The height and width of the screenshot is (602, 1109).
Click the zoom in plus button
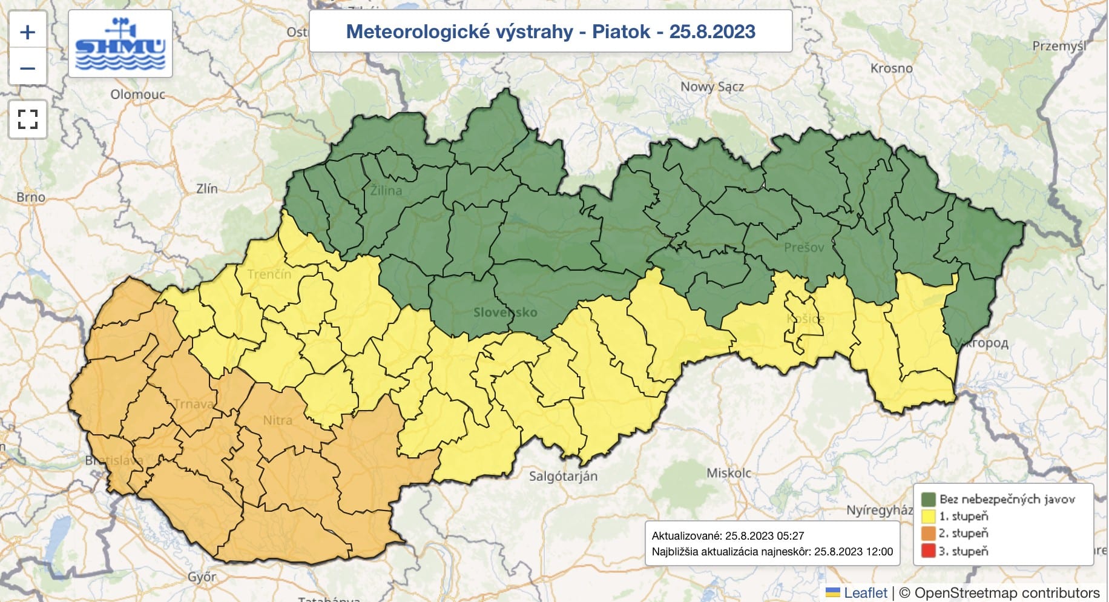click(28, 32)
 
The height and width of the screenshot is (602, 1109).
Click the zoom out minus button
click(28, 68)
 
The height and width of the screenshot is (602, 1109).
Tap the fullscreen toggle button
click(28, 119)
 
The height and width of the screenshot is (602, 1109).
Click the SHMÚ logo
click(120, 44)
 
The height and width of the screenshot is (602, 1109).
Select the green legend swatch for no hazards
click(928, 500)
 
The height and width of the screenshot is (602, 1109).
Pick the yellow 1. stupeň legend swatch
click(928, 517)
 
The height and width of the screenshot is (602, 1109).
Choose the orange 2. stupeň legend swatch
click(928, 534)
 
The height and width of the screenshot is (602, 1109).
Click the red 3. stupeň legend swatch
click(928, 551)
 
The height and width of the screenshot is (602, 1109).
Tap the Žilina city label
click(386, 190)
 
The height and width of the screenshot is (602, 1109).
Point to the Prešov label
click(804, 247)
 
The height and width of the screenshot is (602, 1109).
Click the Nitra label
click(277, 420)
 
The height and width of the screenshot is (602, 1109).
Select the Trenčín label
click(269, 274)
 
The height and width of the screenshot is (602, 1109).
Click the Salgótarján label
click(563, 476)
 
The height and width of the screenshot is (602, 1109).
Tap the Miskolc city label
click(729, 473)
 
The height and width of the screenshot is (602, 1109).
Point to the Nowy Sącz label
click(712, 87)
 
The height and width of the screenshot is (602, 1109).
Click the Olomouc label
click(137, 94)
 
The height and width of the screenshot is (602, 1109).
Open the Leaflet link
click(865, 593)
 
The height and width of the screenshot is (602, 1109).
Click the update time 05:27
click(790, 536)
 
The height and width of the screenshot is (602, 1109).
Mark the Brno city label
click(31, 197)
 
